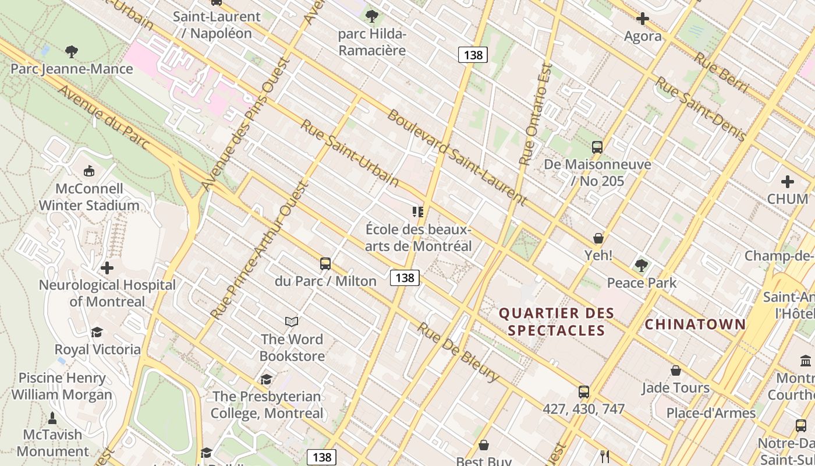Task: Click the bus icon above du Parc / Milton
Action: pos(325,264)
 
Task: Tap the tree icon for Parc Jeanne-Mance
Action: pos(72,52)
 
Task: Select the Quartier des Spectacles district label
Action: pos(557,322)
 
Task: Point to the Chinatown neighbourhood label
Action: pos(696,324)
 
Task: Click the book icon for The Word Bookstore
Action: pos(292,322)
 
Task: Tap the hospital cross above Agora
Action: pos(643,19)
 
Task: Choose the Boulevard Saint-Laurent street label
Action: pos(456,158)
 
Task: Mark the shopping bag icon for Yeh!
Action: pos(598,238)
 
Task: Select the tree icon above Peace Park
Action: pos(642,266)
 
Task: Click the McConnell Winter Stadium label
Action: pos(89,197)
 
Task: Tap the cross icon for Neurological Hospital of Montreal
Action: pos(107,268)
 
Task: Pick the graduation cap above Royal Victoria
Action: pos(97,332)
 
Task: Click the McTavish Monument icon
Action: pos(52,418)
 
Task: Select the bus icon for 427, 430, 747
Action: pos(584,392)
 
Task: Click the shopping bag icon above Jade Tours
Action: pos(676,370)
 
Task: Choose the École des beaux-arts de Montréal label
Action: pos(419,238)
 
